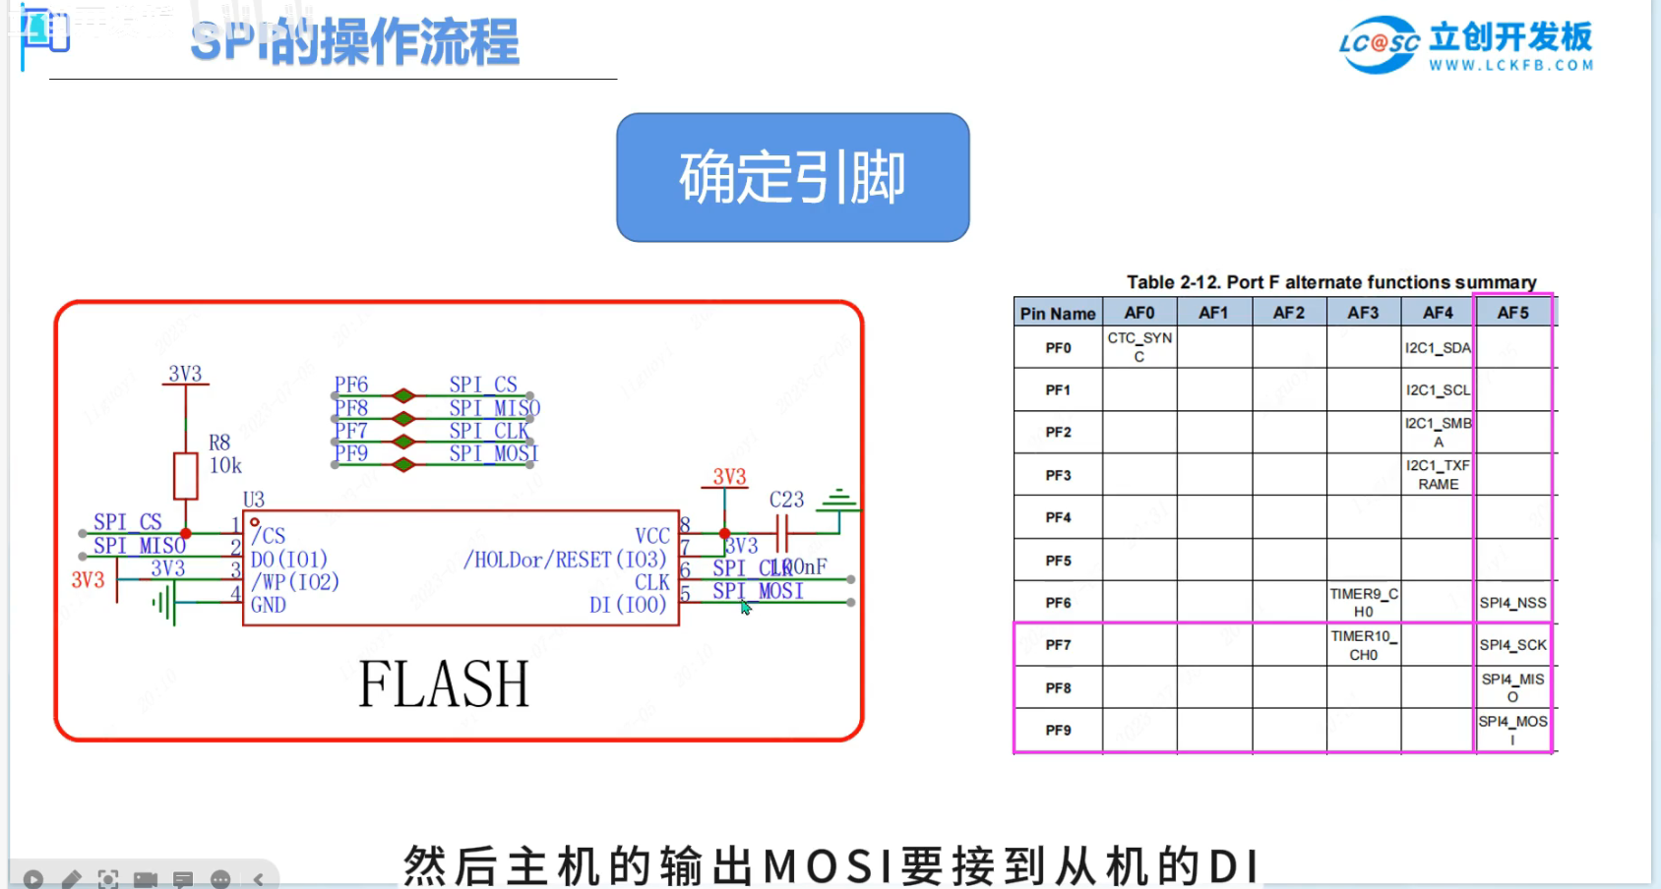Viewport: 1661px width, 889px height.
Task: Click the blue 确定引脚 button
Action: [x=792, y=177]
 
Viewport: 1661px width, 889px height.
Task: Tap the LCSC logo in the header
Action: [x=1379, y=44]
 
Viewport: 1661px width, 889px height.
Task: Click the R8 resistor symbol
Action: [x=185, y=476]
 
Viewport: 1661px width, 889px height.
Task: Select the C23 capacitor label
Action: [x=786, y=500]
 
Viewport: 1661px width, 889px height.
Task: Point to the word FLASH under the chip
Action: [x=444, y=684]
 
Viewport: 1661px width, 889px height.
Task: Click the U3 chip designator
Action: [x=254, y=500]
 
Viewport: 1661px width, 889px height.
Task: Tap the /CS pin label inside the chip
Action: [x=269, y=536]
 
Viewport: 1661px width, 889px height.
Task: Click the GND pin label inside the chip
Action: [x=269, y=605]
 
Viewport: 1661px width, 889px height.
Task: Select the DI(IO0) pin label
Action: [x=628, y=605]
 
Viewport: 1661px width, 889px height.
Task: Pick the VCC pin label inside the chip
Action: [x=651, y=536]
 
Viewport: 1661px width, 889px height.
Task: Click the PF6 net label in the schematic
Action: [x=350, y=385]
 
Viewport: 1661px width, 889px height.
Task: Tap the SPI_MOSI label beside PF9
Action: [x=493, y=453]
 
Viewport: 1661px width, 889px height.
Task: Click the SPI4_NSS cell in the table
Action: [x=1512, y=603]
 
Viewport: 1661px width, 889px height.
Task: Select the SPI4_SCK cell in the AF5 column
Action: [x=1512, y=645]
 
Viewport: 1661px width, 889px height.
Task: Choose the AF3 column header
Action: [x=1363, y=313]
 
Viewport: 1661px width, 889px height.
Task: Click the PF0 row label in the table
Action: [x=1058, y=348]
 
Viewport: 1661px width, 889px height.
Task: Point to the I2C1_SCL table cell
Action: [x=1438, y=390]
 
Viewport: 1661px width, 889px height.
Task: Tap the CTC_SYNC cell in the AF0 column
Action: [x=1139, y=347]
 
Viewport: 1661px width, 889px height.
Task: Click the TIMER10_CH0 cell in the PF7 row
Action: [x=1363, y=645]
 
